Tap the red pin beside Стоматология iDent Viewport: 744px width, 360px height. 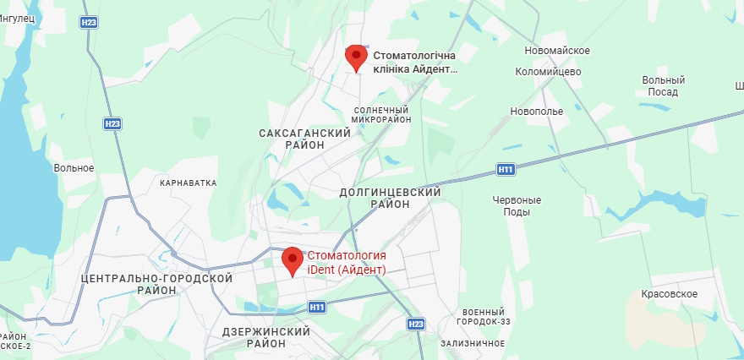293,260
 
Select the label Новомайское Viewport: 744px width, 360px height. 556,51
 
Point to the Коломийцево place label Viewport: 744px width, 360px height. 548,72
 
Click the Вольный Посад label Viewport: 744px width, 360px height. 663,86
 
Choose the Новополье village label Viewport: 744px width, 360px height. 536,112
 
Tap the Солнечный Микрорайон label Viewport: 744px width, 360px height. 381,115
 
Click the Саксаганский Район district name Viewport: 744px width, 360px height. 304,139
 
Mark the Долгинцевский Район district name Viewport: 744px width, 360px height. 391,199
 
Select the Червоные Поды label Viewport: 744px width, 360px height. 517,205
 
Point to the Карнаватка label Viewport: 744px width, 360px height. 189,183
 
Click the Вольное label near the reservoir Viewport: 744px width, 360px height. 74,167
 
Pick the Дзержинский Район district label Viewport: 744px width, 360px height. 265,337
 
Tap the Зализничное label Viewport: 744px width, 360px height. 473,343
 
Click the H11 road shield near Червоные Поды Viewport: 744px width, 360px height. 506,170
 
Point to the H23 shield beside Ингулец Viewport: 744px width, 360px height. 89,23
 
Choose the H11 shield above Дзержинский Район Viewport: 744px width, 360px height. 317,307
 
